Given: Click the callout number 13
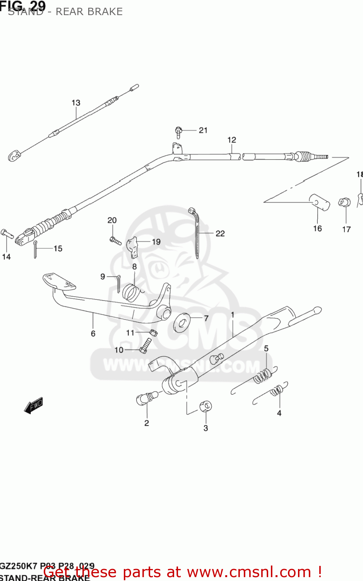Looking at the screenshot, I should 76,103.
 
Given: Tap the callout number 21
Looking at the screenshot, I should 203,131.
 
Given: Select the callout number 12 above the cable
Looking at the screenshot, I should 232,140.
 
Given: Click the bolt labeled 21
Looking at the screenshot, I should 178,132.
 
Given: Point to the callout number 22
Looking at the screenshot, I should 220,233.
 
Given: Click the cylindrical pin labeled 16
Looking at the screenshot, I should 320,202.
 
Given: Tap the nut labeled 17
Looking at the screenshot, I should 344,202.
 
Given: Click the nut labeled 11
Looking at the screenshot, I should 153,332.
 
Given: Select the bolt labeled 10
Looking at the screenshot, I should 146,346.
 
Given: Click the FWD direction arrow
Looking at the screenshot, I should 34,406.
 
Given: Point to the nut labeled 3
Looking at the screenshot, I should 205,407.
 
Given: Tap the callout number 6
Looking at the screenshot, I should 93,333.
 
